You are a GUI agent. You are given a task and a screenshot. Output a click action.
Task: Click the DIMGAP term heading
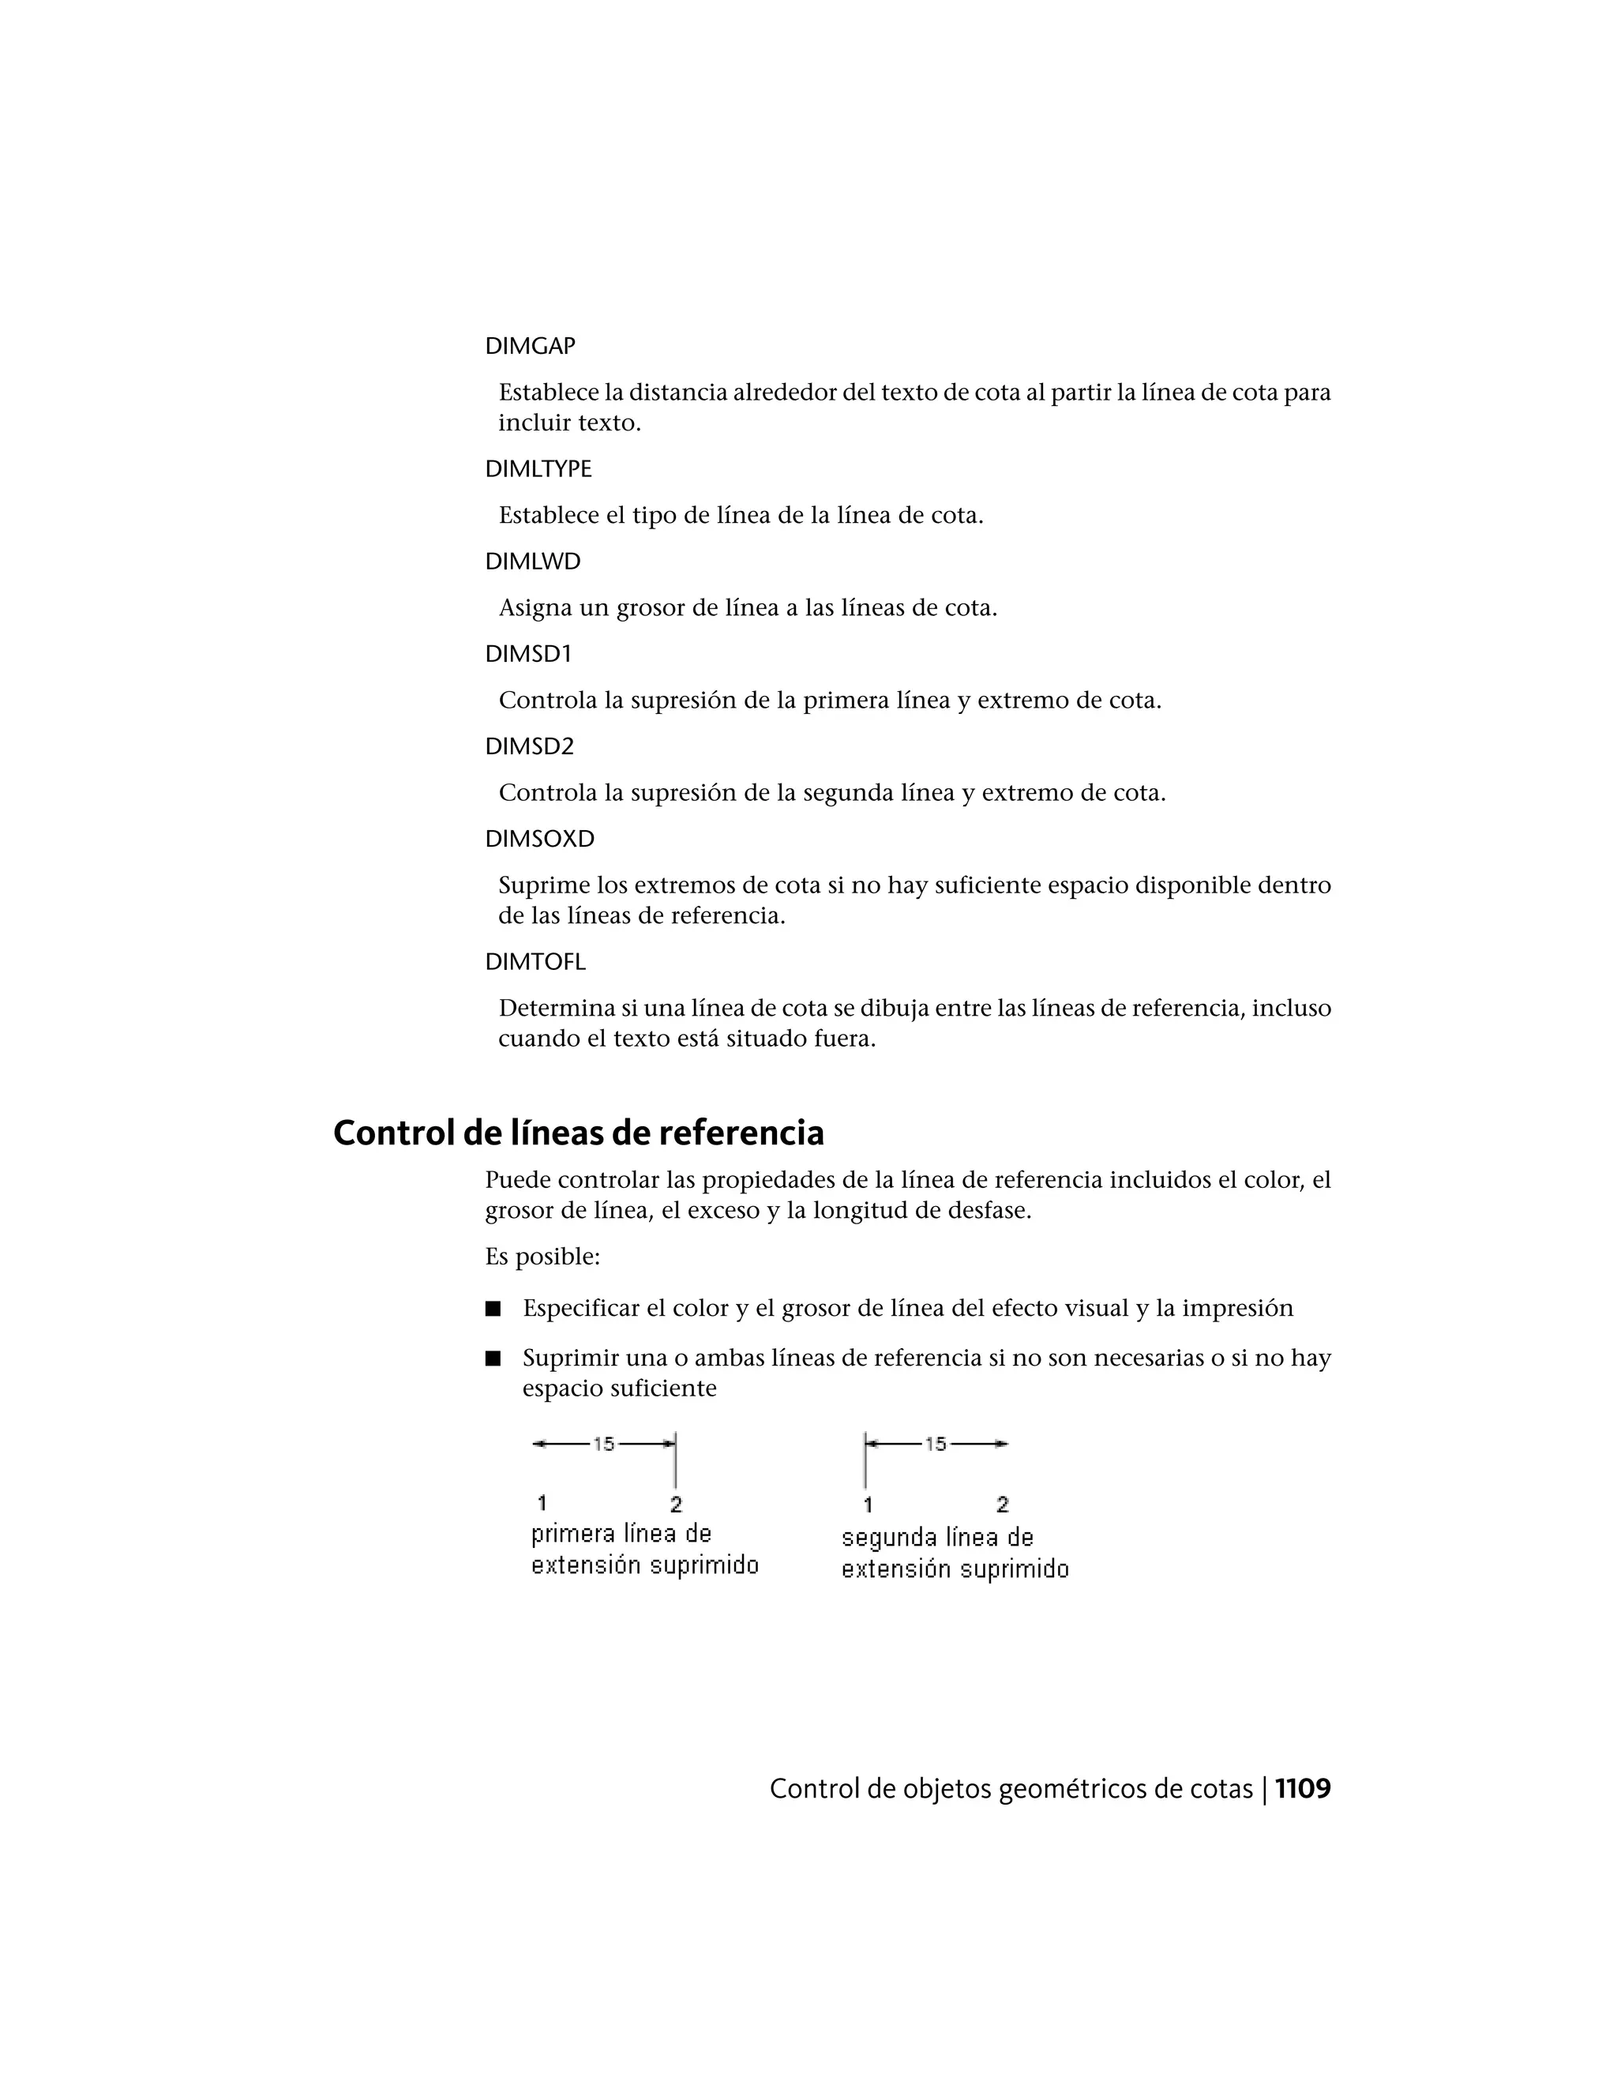[530, 346]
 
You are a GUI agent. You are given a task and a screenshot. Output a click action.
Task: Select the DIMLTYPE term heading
[538, 468]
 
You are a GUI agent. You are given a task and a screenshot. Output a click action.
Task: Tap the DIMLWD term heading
[533, 562]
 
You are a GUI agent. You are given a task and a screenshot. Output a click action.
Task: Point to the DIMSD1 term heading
[528, 654]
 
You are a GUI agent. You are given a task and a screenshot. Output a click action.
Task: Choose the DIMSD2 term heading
[530, 746]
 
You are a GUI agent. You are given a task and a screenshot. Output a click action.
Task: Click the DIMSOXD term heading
[539, 839]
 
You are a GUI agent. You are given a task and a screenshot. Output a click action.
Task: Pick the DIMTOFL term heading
[535, 961]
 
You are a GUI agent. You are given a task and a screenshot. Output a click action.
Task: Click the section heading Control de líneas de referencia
[578, 1133]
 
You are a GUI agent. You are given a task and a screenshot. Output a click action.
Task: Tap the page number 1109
[1302, 1789]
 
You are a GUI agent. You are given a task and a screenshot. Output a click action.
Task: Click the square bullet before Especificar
[493, 1309]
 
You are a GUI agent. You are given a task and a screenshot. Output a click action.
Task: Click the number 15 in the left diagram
[603, 1443]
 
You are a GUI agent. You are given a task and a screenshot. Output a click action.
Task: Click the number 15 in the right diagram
[935, 1443]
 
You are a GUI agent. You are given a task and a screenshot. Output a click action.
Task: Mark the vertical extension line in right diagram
[865, 1465]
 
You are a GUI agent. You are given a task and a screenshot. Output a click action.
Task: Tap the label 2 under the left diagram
[677, 1505]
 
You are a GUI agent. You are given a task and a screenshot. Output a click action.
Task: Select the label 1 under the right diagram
[868, 1505]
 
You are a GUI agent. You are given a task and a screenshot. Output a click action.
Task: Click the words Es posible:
[542, 1257]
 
